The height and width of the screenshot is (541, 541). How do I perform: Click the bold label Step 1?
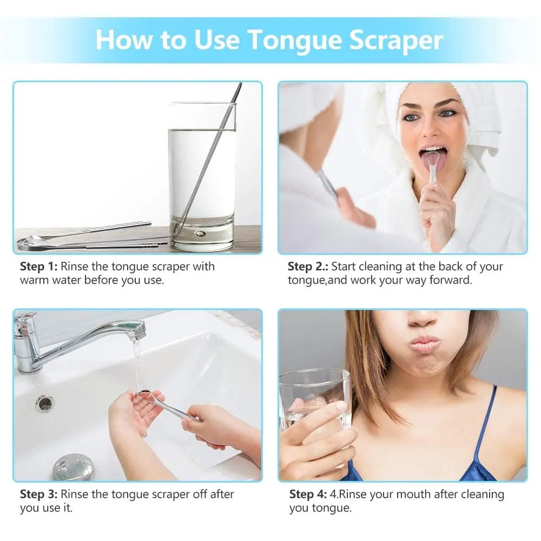pos(39,267)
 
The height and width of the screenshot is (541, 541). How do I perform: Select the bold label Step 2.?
pos(308,267)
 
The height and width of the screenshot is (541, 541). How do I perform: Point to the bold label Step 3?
pos(39,494)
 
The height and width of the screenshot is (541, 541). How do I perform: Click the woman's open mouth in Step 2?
pos(433,156)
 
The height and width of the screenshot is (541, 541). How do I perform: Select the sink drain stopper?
pos(73,467)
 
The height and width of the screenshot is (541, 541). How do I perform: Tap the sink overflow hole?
pos(45,402)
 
